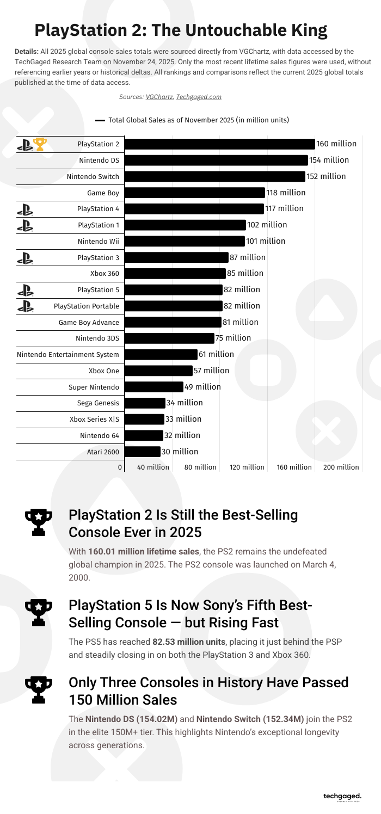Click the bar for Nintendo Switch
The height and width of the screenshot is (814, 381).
215,176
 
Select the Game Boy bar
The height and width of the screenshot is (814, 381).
195,193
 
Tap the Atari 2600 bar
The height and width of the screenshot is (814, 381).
143,451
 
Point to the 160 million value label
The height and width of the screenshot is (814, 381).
336,144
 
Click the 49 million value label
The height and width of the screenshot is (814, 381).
202,387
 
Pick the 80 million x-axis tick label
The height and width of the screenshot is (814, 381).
200,467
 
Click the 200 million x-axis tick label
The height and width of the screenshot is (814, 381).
341,467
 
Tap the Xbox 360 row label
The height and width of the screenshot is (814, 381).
105,274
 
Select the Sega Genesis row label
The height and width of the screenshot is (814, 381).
98,403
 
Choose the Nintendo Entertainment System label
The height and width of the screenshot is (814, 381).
68,355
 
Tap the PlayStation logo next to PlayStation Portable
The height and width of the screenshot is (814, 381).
25,306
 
